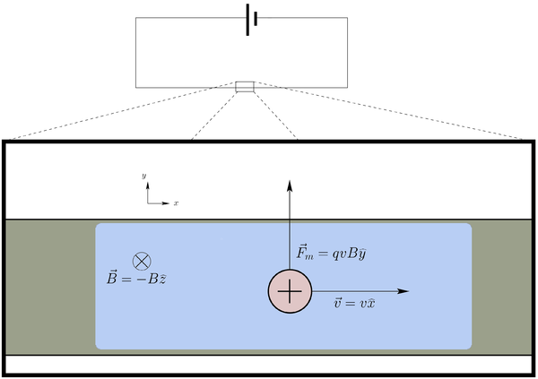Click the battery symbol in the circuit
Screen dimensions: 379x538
click(x=251, y=20)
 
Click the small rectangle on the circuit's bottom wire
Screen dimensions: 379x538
click(x=245, y=87)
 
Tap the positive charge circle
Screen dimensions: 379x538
click(x=290, y=292)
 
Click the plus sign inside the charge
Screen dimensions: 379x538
click(x=290, y=292)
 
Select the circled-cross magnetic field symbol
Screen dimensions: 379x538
click(x=141, y=261)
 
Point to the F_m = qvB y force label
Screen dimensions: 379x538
click(x=330, y=254)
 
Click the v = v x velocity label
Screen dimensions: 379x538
click(x=353, y=306)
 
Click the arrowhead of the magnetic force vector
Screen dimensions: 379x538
click(x=290, y=183)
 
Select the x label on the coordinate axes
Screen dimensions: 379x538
click(x=176, y=204)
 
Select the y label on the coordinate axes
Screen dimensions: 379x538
click(x=144, y=178)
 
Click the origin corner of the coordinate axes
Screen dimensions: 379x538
click(x=148, y=203)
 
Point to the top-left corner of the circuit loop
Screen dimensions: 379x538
click(x=136, y=20)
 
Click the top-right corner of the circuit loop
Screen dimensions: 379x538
click(x=347, y=20)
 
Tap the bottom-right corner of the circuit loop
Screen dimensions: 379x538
click(x=347, y=87)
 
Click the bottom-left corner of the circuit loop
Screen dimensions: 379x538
click(x=136, y=87)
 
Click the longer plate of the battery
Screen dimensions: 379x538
click(x=247, y=20)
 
